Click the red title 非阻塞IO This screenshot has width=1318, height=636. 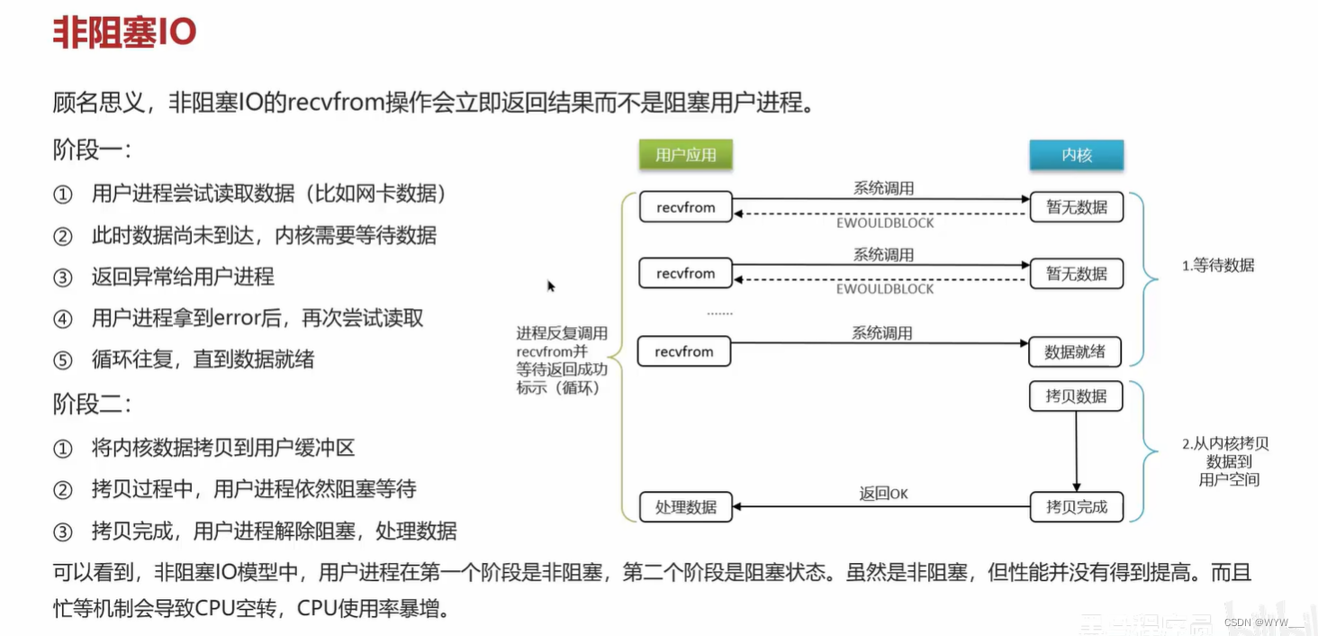click(x=124, y=33)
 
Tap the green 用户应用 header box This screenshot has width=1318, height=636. click(x=686, y=154)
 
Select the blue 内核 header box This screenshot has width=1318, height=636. click(x=1076, y=154)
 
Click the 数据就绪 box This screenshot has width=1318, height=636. click(x=1075, y=352)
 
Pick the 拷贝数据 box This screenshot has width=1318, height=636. click(x=1076, y=396)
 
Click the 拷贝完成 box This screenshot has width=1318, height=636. click(x=1076, y=507)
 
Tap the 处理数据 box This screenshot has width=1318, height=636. click(x=686, y=507)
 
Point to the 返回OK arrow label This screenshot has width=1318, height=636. click(x=883, y=494)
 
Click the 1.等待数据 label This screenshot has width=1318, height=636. click(x=1218, y=266)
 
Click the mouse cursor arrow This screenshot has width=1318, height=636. click(x=551, y=286)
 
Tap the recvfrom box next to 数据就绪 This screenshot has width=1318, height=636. click(x=684, y=352)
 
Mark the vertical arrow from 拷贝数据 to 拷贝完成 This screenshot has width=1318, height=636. click(x=1076, y=450)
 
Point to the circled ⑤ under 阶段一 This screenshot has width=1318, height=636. click(x=62, y=360)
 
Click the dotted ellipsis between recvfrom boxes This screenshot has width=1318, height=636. click(x=719, y=313)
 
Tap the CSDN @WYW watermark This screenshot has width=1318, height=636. click(x=1264, y=622)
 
